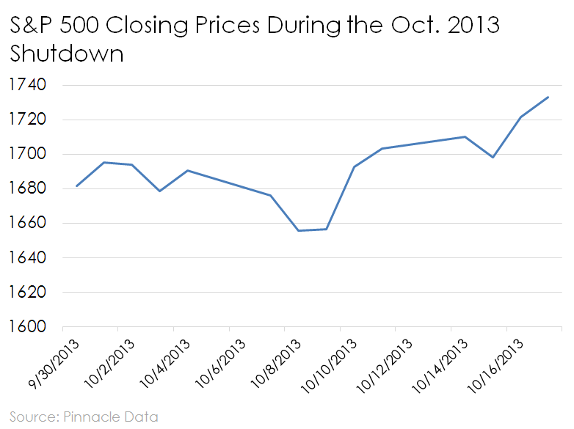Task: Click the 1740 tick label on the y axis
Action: (x=26, y=85)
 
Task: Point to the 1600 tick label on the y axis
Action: (x=26, y=326)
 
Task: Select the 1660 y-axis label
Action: (x=26, y=223)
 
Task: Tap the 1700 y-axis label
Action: (x=26, y=154)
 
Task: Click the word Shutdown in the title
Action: (x=66, y=55)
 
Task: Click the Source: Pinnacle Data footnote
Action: (x=83, y=417)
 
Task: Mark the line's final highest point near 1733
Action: (x=548, y=97)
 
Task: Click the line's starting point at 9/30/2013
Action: (x=76, y=186)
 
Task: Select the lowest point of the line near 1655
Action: (x=299, y=230)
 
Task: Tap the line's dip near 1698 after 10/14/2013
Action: (x=493, y=157)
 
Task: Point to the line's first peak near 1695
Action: (x=104, y=162)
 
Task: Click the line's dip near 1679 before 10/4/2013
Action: (x=159, y=191)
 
